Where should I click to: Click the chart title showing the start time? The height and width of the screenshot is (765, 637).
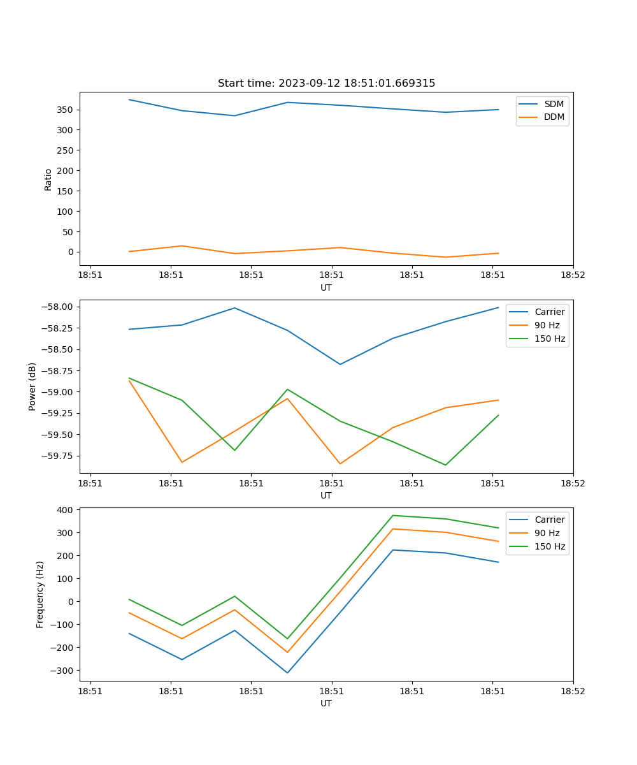[326, 84]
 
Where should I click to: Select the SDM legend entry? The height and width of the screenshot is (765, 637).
[554, 104]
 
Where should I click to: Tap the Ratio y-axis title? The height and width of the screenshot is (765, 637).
[48, 179]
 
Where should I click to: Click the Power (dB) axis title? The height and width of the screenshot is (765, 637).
[32, 386]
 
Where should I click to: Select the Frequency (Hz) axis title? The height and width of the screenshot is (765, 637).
[40, 594]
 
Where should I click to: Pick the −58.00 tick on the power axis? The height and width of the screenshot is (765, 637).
[59, 307]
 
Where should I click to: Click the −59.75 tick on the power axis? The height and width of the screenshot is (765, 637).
[59, 456]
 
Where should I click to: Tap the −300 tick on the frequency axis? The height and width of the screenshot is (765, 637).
[64, 671]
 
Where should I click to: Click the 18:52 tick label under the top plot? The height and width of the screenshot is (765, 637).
[573, 275]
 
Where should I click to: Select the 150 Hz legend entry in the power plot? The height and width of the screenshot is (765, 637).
[550, 339]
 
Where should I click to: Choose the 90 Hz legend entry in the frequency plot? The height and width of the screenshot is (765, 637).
[547, 533]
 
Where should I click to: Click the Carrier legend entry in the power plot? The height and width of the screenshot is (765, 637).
[549, 312]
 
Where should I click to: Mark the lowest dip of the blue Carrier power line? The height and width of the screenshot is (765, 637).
[340, 364]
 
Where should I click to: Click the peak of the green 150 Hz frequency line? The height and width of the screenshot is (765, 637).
[393, 515]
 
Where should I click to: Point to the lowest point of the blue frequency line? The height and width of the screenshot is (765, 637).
[287, 673]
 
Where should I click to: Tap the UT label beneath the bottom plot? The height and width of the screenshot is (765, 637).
[326, 703]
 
